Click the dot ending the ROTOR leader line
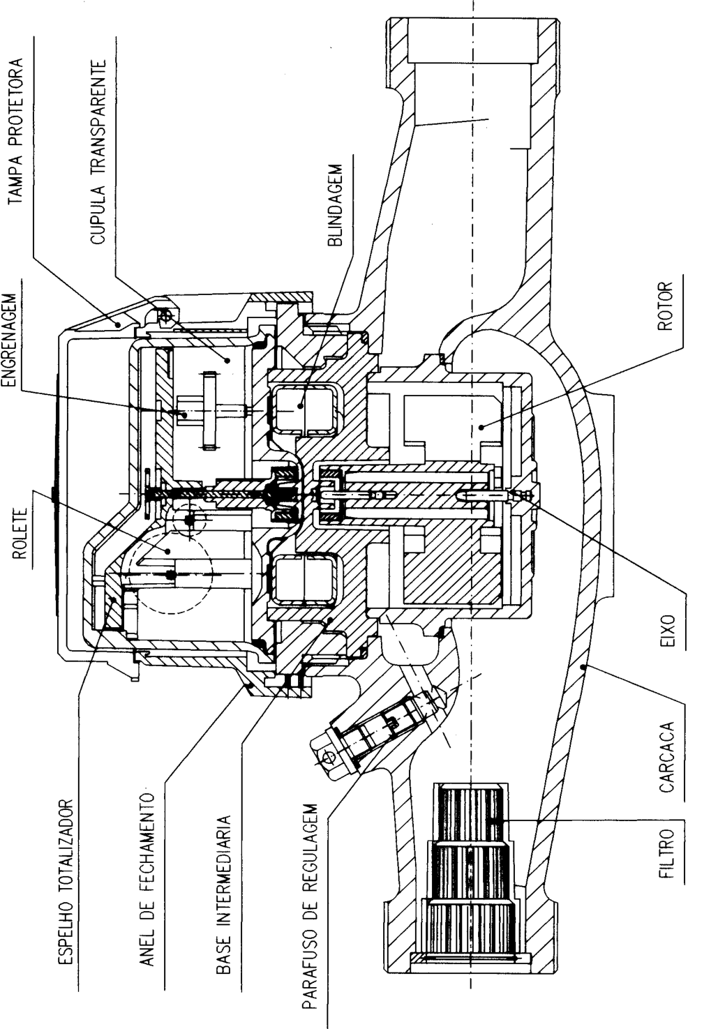pyautogui.click(x=481, y=427)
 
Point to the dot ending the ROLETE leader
pyautogui.click(x=169, y=551)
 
